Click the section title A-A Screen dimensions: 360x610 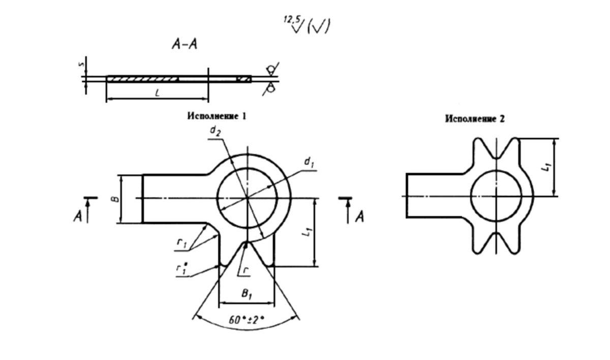pyautogui.click(x=185, y=45)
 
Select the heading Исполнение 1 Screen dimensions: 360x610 pyautogui.click(x=217, y=116)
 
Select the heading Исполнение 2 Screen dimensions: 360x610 pyautogui.click(x=475, y=118)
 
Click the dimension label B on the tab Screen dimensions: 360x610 pyautogui.click(x=116, y=198)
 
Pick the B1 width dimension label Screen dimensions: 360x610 pyautogui.click(x=247, y=294)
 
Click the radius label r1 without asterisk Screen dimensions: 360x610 pyautogui.click(x=181, y=244)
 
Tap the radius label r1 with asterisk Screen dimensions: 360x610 pyautogui.click(x=181, y=270)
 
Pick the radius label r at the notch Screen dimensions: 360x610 pyautogui.click(x=245, y=271)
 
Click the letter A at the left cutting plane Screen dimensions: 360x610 pyautogui.click(x=78, y=217)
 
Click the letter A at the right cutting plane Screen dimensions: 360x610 pyautogui.click(x=359, y=217)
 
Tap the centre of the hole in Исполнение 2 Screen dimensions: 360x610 pyautogui.click(x=496, y=196)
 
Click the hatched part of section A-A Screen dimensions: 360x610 pyautogui.click(x=142, y=79)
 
